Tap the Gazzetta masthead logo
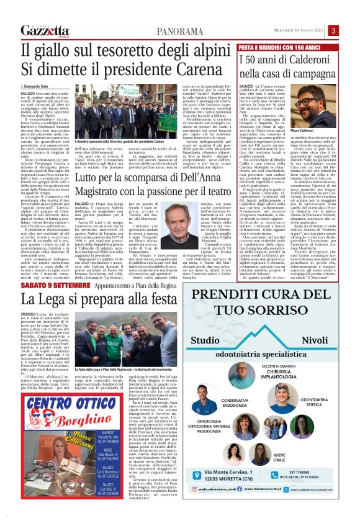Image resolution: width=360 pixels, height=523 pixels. pyautogui.click(x=43, y=30)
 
